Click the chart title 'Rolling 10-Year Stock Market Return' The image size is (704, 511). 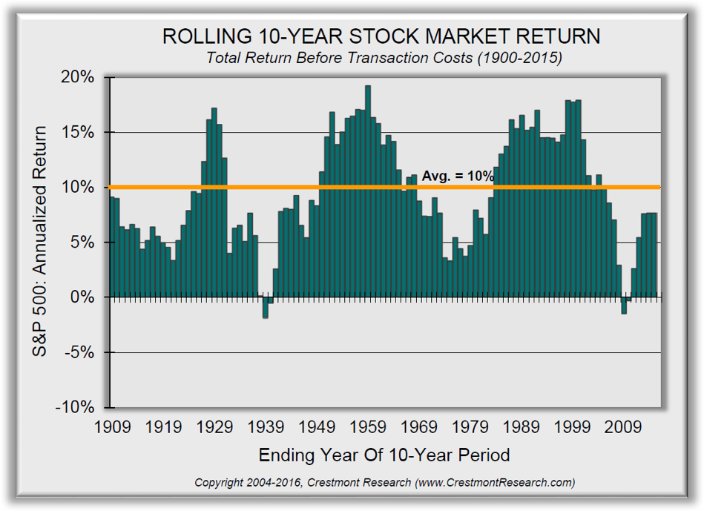click(x=382, y=36)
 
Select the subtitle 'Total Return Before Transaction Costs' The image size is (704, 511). click(x=382, y=58)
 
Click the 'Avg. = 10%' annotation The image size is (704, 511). click(x=458, y=177)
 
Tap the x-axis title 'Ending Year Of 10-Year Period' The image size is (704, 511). click(x=384, y=455)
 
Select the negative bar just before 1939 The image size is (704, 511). click(x=265, y=307)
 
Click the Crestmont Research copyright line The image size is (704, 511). click(x=384, y=482)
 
